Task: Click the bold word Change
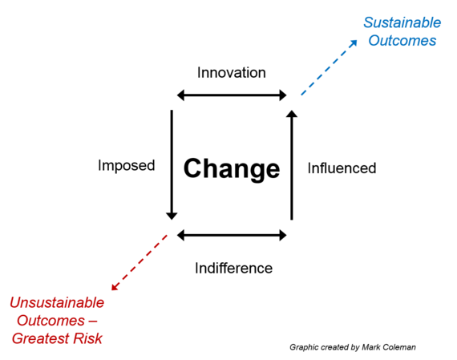click(232, 169)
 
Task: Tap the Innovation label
click(232, 73)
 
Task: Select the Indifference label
click(234, 268)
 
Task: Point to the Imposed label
click(126, 166)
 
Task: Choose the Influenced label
click(342, 168)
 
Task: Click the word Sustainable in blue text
click(402, 22)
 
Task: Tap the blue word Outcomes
click(402, 40)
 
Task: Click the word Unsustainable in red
click(57, 302)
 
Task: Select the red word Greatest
click(40, 338)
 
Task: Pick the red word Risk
click(87, 338)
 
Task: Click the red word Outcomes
click(51, 321)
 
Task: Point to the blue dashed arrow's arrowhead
click(354, 43)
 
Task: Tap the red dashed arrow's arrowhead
click(115, 286)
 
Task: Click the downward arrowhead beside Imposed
click(172, 216)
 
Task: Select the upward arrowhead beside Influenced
click(292, 114)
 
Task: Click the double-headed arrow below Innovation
click(232, 95)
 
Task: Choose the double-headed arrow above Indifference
click(232, 235)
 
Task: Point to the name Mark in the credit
click(370, 347)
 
